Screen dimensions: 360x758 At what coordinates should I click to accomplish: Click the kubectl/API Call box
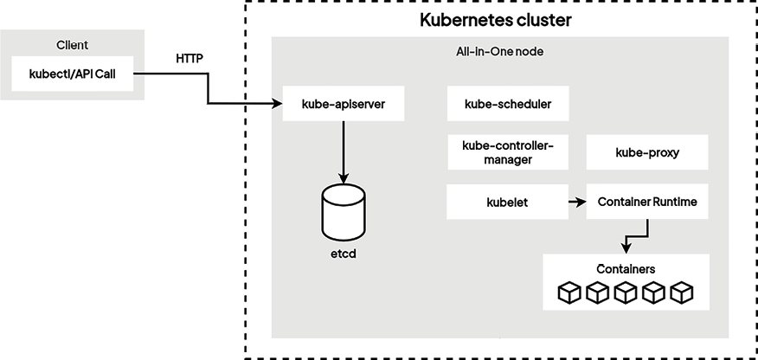[x=73, y=74]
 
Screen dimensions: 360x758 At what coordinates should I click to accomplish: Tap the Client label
[x=73, y=44]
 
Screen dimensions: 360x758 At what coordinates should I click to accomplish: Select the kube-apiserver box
[x=343, y=105]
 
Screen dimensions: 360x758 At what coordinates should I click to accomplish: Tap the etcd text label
[x=343, y=254]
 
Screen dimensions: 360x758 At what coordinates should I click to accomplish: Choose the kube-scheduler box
[x=508, y=105]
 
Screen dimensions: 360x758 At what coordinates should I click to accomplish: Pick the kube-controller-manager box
[x=508, y=152]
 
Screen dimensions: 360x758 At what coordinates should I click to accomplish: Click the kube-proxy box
[x=647, y=152]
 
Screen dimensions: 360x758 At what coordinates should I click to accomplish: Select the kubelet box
[x=508, y=202]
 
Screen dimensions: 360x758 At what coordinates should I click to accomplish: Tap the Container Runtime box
[x=647, y=202]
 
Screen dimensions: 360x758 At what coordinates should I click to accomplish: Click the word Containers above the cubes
[x=625, y=268]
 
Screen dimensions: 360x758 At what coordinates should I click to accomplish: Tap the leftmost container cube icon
[x=569, y=292]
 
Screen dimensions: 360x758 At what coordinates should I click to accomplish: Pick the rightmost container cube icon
[x=682, y=292]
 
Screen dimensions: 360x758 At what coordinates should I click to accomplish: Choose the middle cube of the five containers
[x=626, y=292]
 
